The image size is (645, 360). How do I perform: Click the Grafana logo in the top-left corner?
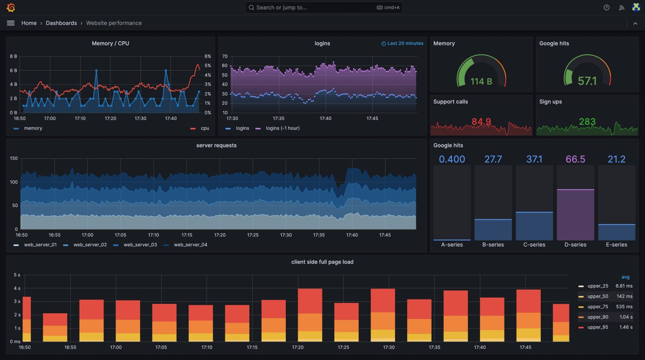(x=11, y=8)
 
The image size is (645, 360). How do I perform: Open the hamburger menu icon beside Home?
(x=11, y=23)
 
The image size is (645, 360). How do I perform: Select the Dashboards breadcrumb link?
(x=61, y=23)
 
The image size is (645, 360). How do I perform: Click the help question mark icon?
(x=606, y=8)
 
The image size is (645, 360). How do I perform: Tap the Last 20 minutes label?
(x=405, y=43)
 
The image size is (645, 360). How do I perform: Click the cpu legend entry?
(x=204, y=128)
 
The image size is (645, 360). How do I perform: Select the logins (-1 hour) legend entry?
(x=282, y=128)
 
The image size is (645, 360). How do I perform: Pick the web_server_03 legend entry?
(x=140, y=245)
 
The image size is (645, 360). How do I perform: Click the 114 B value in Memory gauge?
(x=481, y=82)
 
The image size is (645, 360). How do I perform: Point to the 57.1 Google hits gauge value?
(x=587, y=81)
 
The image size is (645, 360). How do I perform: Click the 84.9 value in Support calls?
(x=481, y=122)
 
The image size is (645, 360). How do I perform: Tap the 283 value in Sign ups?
(x=587, y=122)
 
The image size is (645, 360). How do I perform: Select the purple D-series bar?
(x=575, y=215)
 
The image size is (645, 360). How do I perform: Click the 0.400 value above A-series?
(x=452, y=159)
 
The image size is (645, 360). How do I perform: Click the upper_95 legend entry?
(x=597, y=327)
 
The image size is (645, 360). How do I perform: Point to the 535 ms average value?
(x=624, y=307)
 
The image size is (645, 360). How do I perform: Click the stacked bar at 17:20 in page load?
(x=310, y=315)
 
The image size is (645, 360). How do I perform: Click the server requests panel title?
(x=216, y=145)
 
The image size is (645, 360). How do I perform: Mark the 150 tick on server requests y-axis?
(x=14, y=159)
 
